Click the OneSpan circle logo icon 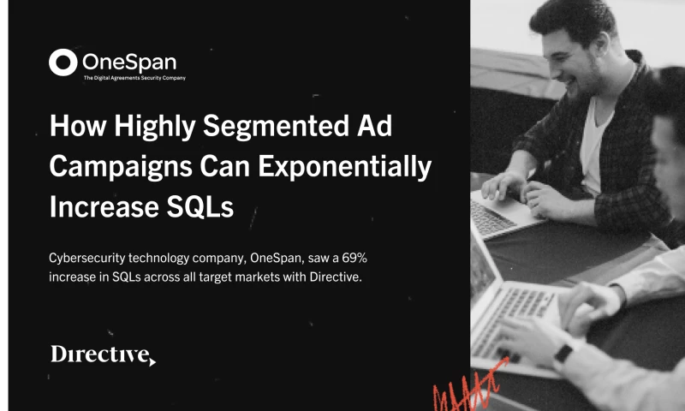[x=63, y=63]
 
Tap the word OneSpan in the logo [x=128, y=63]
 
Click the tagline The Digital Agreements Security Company [x=134, y=78]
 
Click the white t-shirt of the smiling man [x=596, y=137]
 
